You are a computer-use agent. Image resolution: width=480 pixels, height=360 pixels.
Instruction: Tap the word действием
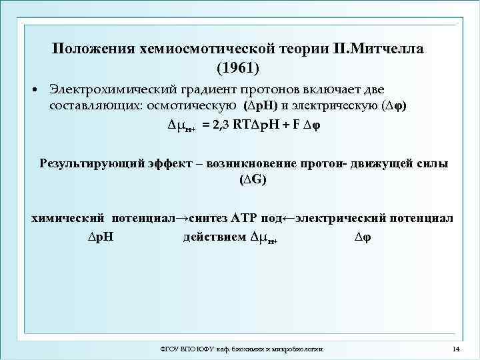(214, 238)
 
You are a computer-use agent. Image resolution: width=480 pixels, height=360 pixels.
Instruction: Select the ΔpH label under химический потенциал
(101, 238)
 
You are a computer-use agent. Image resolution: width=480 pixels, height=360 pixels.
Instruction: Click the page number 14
(456, 349)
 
